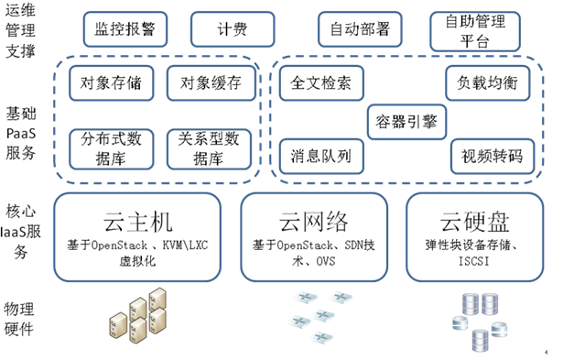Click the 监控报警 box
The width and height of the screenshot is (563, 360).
tap(125, 28)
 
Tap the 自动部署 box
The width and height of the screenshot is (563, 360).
tap(360, 28)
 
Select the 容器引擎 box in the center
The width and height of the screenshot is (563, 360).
tap(405, 120)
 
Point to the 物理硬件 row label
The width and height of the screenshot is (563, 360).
tap(21, 316)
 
